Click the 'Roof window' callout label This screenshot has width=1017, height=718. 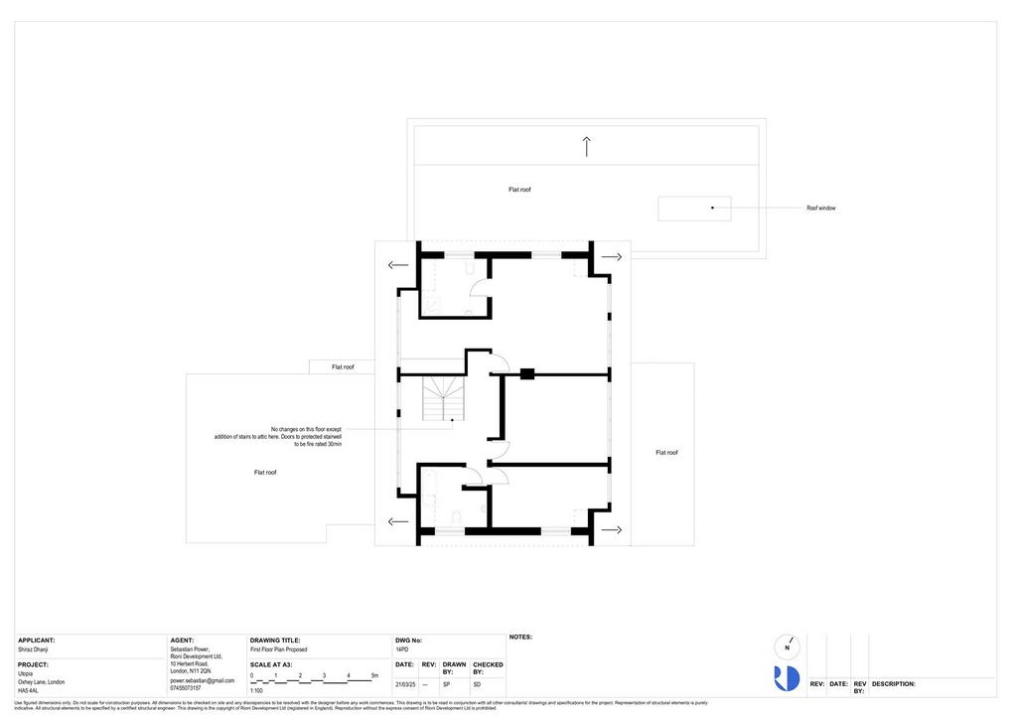[x=820, y=209]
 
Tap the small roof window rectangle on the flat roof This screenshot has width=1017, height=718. [x=694, y=209]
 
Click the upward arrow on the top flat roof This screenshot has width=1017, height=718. [x=587, y=147]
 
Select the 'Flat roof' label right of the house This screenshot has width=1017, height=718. [x=666, y=453]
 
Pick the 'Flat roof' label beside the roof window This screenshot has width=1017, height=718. [x=519, y=190]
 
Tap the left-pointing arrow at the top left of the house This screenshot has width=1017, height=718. [x=398, y=265]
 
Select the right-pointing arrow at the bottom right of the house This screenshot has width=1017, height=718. [x=612, y=530]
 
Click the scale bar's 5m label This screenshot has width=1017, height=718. [x=374, y=675]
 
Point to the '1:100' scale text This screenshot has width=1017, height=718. [x=257, y=690]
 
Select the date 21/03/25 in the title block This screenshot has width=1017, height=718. [x=404, y=685]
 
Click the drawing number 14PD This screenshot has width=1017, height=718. [x=402, y=649]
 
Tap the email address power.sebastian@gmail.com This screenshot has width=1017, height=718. [x=203, y=680]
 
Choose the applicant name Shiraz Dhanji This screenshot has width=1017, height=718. [x=33, y=649]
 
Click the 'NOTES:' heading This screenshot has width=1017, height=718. [x=521, y=638]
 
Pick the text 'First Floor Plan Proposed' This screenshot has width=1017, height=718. [x=279, y=649]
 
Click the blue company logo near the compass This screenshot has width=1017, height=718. [x=787, y=678]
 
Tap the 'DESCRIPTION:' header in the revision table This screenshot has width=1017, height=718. [x=894, y=684]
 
